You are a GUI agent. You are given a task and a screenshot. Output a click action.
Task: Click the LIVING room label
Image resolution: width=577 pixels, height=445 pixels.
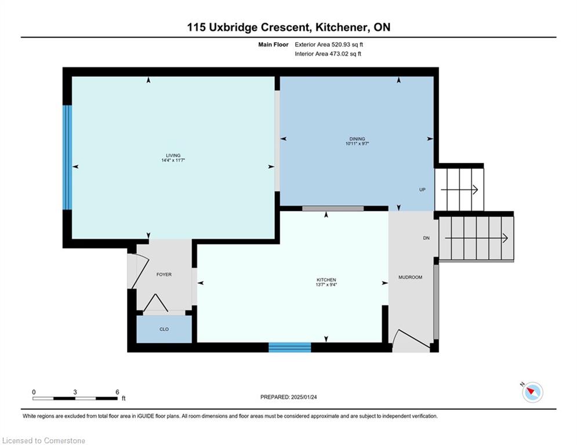pyautogui.click(x=173, y=155)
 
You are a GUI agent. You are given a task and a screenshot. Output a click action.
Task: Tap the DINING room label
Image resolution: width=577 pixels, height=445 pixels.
pyautogui.click(x=357, y=138)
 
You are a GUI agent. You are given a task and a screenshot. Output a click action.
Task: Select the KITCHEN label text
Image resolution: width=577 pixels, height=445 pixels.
pyautogui.click(x=326, y=280)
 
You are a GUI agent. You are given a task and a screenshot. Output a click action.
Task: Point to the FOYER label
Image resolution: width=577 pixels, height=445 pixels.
pyautogui.click(x=164, y=274)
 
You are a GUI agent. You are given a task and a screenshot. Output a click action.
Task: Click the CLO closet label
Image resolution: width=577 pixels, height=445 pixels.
pyautogui.click(x=164, y=329)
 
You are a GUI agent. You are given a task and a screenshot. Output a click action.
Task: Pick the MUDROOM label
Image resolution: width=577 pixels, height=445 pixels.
pyautogui.click(x=410, y=278)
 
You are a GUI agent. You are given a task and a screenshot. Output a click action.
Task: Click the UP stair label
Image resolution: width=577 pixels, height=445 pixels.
pyautogui.click(x=422, y=189)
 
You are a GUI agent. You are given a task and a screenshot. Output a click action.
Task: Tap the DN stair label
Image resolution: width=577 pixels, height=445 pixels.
pyautogui.click(x=426, y=238)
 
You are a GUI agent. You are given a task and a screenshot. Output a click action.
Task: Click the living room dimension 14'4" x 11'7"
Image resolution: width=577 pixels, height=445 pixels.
pyautogui.click(x=173, y=161)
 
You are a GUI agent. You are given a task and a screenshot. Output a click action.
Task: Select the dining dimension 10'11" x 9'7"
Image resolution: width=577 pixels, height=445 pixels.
pyautogui.click(x=357, y=144)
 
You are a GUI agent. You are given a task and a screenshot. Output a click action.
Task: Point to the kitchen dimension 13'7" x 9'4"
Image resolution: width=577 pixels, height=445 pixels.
pyautogui.click(x=326, y=284)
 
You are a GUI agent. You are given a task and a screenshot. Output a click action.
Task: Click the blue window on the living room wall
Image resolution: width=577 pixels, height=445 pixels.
pyautogui.click(x=67, y=158)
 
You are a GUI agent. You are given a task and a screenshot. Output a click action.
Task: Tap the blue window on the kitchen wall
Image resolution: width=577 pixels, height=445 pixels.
pyautogui.click(x=289, y=348)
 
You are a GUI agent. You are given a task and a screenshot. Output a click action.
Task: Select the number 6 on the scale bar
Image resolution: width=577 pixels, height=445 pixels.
pyautogui.click(x=117, y=392)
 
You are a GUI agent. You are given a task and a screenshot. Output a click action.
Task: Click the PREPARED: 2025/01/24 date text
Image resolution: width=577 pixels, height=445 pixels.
pyautogui.click(x=289, y=397)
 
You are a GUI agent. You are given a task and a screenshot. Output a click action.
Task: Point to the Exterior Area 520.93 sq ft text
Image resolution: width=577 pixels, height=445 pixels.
pyautogui.click(x=329, y=45)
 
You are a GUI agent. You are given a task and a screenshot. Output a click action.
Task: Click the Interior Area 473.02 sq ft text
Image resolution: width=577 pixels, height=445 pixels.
pyautogui.click(x=328, y=54)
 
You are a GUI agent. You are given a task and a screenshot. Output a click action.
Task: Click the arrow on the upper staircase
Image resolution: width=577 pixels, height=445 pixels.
pyautogui.click(x=459, y=190)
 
